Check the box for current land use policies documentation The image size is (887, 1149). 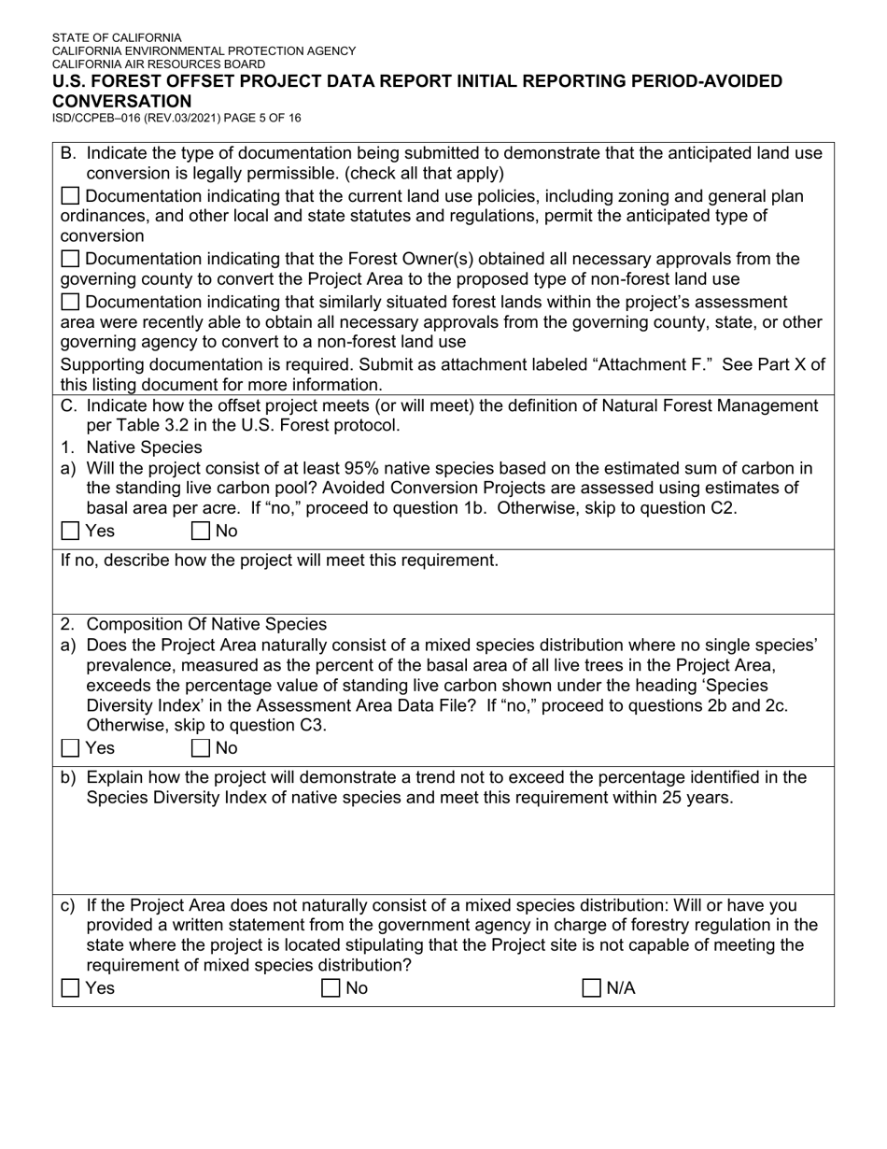[70, 196]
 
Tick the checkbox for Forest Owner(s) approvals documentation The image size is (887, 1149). [70, 259]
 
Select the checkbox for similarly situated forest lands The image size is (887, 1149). [70, 302]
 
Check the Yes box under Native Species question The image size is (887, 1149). [70, 532]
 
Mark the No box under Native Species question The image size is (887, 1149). [200, 532]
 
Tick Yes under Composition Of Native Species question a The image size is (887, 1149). [70, 748]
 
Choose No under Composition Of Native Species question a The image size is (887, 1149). [200, 748]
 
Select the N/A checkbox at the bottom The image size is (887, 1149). [591, 988]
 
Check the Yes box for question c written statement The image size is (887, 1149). [70, 988]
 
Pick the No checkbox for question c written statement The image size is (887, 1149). [331, 988]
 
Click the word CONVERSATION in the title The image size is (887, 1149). [121, 101]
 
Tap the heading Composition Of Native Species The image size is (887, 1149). [206, 624]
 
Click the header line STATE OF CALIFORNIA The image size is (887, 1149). [117, 38]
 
